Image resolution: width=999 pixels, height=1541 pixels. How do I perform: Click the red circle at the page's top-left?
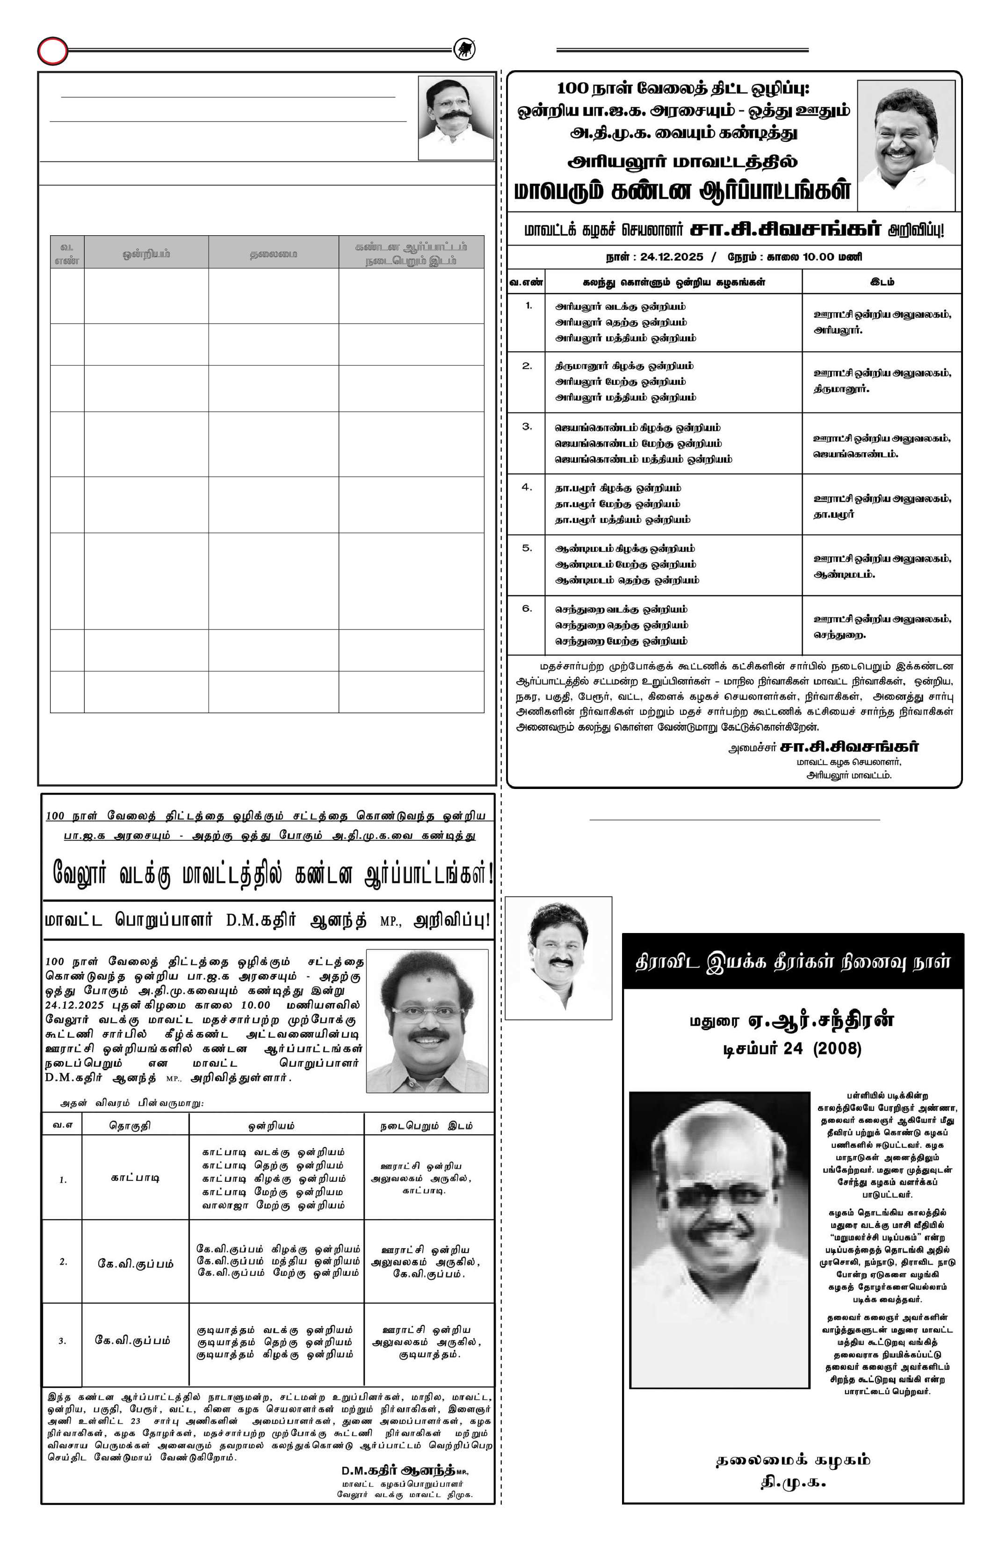tap(52, 51)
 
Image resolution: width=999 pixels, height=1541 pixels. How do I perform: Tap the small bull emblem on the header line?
tap(463, 49)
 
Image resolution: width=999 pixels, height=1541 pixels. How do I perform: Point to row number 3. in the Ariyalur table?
tap(527, 426)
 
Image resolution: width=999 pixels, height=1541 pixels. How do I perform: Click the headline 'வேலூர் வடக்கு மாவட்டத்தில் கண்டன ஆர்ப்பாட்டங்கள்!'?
tap(272, 875)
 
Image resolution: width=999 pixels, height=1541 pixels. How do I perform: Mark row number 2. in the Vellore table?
tap(63, 1261)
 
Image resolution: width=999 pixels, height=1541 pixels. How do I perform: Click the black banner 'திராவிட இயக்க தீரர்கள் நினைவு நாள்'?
tap(792, 962)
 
